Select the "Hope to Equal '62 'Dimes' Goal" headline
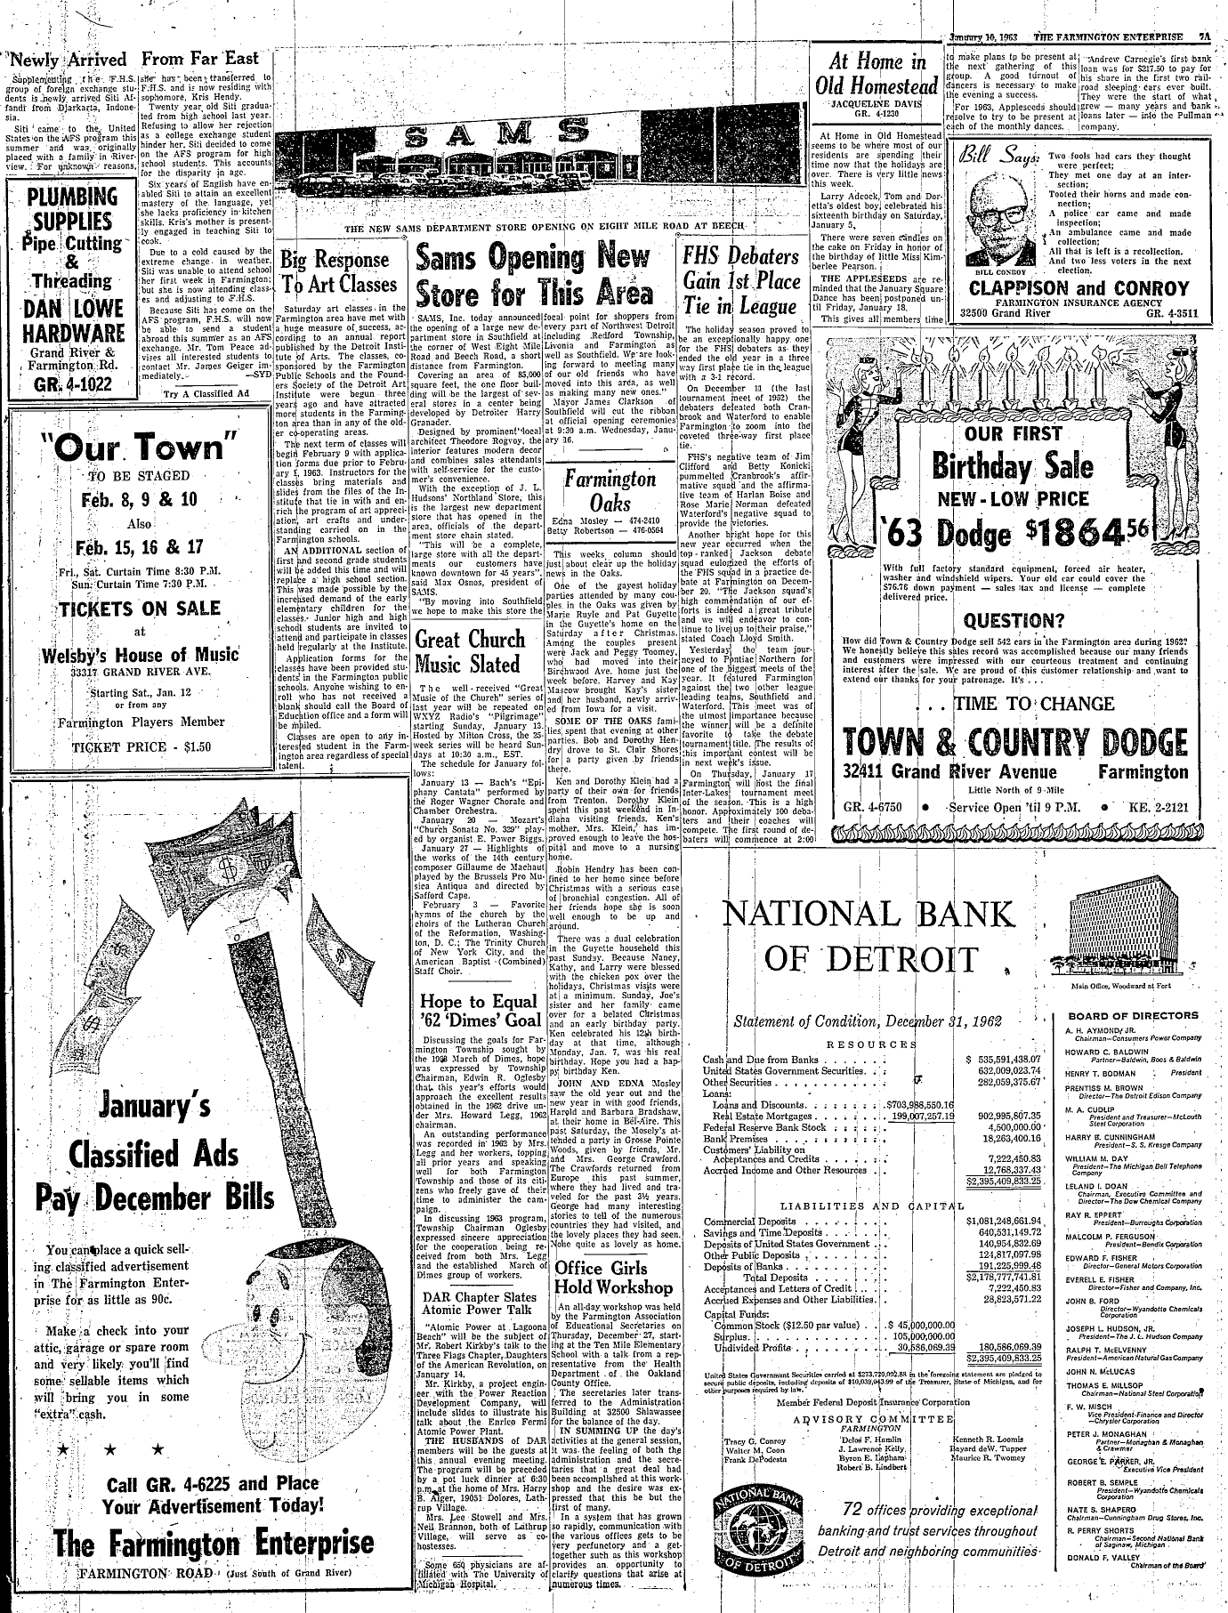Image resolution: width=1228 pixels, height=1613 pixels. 480,1010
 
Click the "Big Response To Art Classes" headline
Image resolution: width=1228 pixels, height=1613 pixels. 337,272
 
